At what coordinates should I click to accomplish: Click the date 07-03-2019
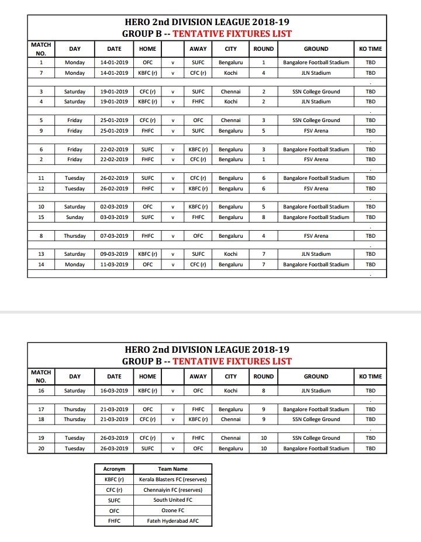(114, 236)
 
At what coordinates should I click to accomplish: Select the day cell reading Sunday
(75, 217)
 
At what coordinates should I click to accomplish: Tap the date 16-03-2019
(114, 391)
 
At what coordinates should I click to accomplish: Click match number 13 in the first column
(41, 254)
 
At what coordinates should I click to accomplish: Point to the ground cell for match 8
(316, 236)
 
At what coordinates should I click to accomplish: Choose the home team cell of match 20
(147, 449)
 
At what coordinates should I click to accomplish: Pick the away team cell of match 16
(198, 391)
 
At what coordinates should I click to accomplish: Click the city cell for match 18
(231, 419)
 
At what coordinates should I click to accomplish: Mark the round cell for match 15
(264, 217)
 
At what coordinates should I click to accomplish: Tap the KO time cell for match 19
(371, 438)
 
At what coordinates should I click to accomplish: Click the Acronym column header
(114, 469)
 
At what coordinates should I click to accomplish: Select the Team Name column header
(172, 469)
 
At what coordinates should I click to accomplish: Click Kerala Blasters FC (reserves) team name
(172, 480)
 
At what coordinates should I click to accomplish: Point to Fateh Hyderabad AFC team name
(172, 521)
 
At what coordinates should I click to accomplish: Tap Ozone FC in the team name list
(172, 510)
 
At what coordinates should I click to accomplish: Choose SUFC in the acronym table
(114, 500)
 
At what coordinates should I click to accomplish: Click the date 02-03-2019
(114, 207)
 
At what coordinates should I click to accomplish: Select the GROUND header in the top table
(316, 49)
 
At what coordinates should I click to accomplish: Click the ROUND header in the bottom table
(264, 377)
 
